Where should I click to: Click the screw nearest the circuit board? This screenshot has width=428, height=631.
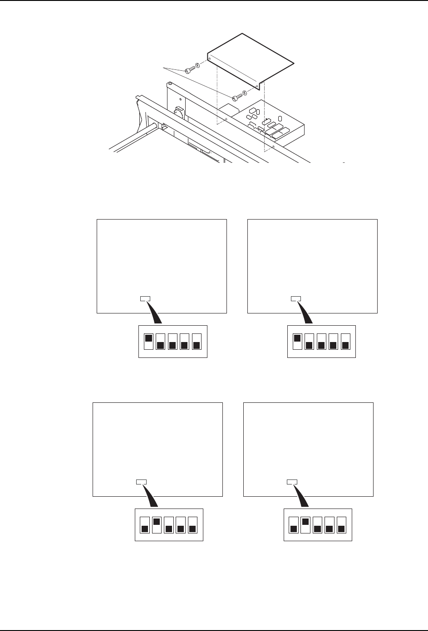pyautogui.click(x=236, y=97)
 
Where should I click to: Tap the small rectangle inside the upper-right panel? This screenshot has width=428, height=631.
pyautogui.click(x=295, y=298)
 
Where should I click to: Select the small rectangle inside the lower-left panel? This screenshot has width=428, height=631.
pyautogui.click(x=142, y=482)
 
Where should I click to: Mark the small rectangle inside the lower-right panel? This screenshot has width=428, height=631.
pyautogui.click(x=292, y=482)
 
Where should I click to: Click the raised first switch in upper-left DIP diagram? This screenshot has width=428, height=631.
pyautogui.click(x=148, y=338)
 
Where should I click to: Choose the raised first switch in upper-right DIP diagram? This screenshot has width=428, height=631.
pyautogui.click(x=297, y=338)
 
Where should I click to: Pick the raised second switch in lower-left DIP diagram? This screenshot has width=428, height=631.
pyautogui.click(x=157, y=522)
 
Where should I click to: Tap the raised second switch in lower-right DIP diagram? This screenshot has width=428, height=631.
pyautogui.click(x=305, y=522)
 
